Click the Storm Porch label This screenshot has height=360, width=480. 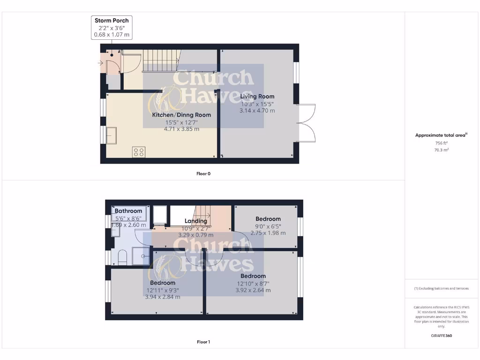tap(112, 20)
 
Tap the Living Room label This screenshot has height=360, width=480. tap(257, 97)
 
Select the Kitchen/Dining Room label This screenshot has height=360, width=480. tap(181, 115)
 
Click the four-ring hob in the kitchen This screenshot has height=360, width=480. tap(139, 152)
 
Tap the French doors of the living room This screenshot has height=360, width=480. tap(306, 123)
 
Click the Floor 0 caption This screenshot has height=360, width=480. tap(203, 173)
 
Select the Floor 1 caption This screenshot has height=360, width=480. tap(203, 342)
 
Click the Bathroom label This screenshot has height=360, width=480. tap(128, 211)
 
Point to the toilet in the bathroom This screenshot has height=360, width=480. tap(122, 257)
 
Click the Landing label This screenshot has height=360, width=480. tap(196, 221)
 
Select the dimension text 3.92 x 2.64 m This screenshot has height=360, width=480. tap(253, 290)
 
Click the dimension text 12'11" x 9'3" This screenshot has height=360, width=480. tap(163, 290)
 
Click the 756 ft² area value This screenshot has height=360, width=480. tap(441, 143)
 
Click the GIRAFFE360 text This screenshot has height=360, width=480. tap(441, 336)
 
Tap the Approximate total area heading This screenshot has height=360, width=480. tap(441, 135)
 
